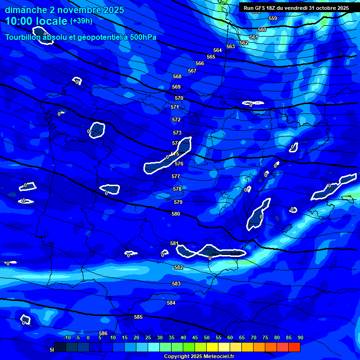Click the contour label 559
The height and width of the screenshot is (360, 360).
273,18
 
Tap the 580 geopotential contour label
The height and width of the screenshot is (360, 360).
176,214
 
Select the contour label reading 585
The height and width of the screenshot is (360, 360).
138,317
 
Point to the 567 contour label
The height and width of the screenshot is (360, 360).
192,71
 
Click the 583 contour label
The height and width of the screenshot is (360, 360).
176,284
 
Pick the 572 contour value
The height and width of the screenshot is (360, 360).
176,120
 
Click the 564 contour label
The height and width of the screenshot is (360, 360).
217,50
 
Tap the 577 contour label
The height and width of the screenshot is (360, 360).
176,177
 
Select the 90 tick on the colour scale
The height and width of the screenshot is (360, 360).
300,338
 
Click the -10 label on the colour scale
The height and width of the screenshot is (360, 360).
67,338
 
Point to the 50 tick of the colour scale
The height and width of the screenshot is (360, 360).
207,338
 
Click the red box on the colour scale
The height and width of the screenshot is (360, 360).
294,347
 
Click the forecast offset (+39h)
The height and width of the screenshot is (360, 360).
81,21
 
